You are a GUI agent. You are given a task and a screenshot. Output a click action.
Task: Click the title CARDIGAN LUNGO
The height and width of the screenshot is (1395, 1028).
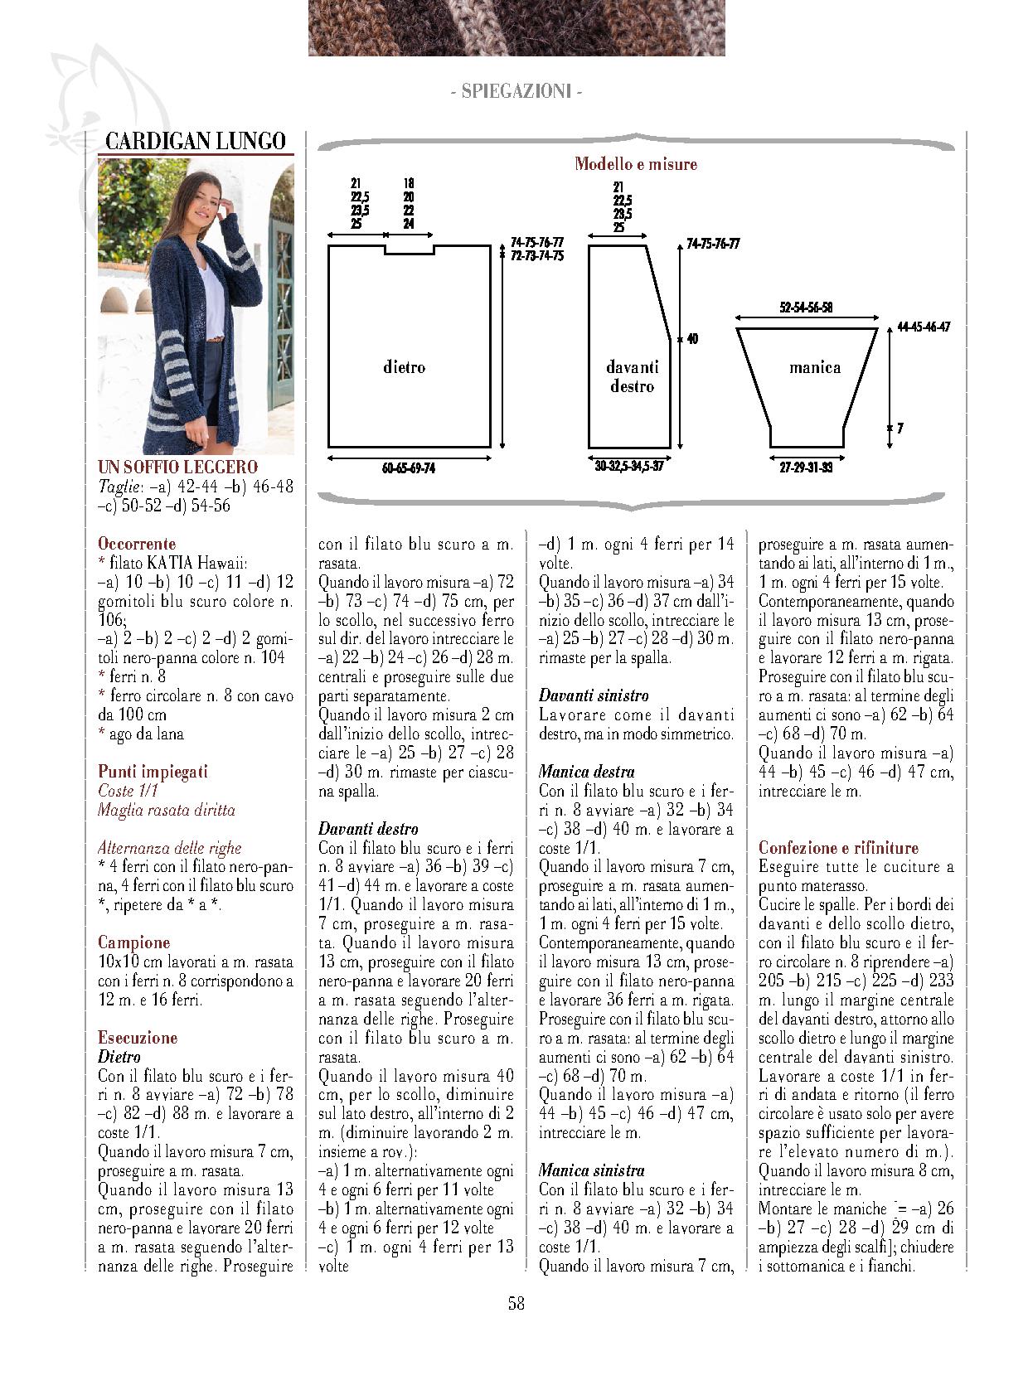pyautogui.click(x=196, y=141)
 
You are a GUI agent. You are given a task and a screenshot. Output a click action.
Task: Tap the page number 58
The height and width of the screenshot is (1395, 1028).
pyautogui.click(x=516, y=1303)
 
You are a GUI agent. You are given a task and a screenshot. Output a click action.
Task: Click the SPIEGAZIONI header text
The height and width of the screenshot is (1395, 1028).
pyautogui.click(x=516, y=91)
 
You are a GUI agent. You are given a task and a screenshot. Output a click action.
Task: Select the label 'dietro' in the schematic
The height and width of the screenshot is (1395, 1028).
pyautogui.click(x=405, y=366)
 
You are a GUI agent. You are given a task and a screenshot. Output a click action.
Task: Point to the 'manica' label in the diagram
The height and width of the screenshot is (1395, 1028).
pyautogui.click(x=814, y=367)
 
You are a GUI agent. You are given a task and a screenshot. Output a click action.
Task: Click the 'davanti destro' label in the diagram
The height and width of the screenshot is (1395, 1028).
pyautogui.click(x=632, y=376)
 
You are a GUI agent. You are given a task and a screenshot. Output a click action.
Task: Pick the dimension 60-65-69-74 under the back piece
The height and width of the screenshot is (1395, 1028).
pyautogui.click(x=409, y=468)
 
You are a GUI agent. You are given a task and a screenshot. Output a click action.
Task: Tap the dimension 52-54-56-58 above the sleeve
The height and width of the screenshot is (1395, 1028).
pyautogui.click(x=806, y=308)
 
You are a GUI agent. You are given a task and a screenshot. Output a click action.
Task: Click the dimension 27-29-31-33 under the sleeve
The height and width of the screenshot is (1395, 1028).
pyautogui.click(x=806, y=467)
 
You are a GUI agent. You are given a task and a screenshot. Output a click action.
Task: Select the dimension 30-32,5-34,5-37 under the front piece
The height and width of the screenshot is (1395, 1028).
pyautogui.click(x=629, y=467)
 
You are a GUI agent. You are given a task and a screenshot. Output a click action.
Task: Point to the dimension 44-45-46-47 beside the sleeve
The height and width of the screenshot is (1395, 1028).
pyautogui.click(x=924, y=327)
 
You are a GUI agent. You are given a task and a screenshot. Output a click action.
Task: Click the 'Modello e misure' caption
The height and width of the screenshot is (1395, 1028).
pyautogui.click(x=636, y=164)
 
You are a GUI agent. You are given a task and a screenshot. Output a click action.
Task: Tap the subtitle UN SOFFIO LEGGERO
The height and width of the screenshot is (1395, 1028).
pyautogui.click(x=177, y=467)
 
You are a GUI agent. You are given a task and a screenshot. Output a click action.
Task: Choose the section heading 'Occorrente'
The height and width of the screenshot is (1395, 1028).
pyautogui.click(x=137, y=544)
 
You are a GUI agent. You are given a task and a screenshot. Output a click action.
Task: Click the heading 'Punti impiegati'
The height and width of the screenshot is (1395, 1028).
pyautogui.click(x=153, y=771)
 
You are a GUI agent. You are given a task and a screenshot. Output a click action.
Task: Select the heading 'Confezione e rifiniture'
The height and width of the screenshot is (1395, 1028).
pyautogui.click(x=838, y=847)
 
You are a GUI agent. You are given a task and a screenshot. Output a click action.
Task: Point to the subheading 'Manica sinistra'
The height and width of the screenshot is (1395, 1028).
pyautogui.click(x=591, y=1170)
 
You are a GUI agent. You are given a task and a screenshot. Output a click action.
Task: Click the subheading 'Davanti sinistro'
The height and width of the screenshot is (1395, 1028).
pyautogui.click(x=594, y=695)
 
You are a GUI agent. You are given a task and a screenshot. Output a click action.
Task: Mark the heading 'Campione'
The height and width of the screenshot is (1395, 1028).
pyautogui.click(x=133, y=942)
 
